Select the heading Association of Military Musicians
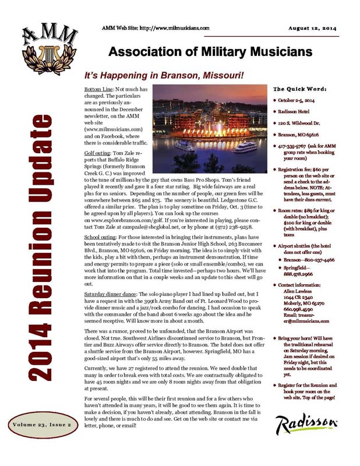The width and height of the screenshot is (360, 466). (207, 52)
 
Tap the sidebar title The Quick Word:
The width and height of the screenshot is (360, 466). (299, 89)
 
